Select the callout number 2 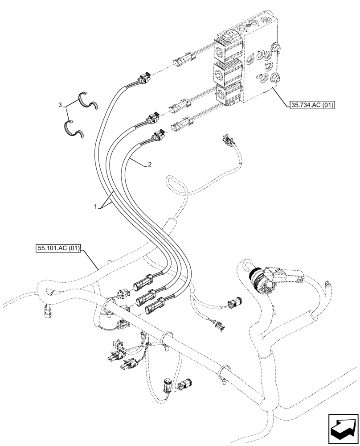(x=150, y=164)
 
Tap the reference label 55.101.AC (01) (x=57, y=248)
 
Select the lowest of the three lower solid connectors (x=152, y=307)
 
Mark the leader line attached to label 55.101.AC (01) (x=90, y=260)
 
